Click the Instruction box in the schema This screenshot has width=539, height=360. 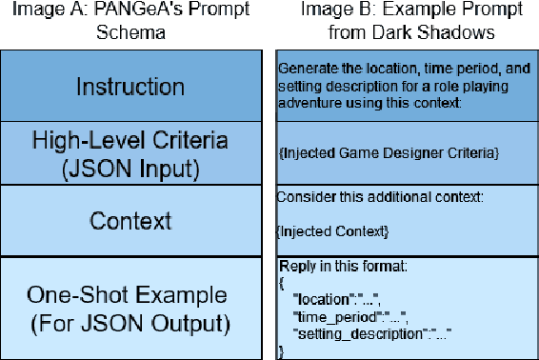131,88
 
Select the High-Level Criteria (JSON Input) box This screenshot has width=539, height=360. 131,153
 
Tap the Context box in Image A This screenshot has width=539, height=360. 131,221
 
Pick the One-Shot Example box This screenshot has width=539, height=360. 131,308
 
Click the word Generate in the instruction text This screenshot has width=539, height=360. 304,69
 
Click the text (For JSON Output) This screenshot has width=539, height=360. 131,322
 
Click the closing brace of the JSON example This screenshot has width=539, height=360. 281,351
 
